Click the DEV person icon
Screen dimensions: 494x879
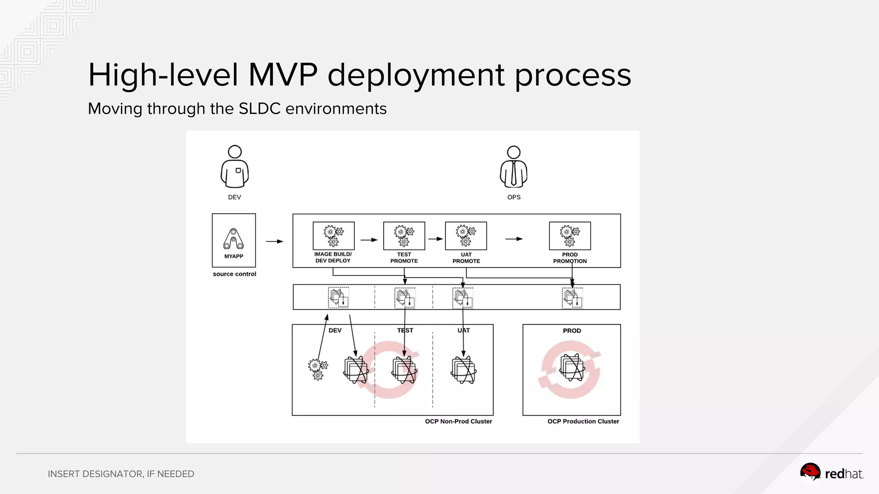(234, 167)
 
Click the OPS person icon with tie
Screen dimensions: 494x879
(513, 167)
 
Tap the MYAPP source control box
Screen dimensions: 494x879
(234, 240)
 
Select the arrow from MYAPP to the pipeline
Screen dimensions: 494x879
(274, 241)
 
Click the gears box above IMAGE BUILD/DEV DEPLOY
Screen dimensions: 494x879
(333, 236)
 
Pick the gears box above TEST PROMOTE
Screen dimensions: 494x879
(404, 236)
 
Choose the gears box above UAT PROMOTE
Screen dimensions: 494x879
(466, 236)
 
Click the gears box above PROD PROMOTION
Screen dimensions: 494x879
(570, 236)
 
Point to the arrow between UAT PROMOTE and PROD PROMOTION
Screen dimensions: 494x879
(514, 239)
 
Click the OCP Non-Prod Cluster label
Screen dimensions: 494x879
(458, 422)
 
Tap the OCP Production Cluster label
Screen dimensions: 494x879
(583, 422)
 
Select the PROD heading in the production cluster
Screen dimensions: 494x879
(572, 331)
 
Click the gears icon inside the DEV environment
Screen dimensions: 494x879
(318, 369)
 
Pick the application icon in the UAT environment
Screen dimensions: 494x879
(464, 370)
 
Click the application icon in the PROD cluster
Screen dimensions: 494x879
(572, 368)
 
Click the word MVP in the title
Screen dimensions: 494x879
(283, 75)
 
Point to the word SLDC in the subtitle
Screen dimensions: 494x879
(259, 109)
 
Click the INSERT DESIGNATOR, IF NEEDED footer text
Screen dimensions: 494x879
(121, 474)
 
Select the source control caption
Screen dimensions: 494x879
(234, 274)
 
